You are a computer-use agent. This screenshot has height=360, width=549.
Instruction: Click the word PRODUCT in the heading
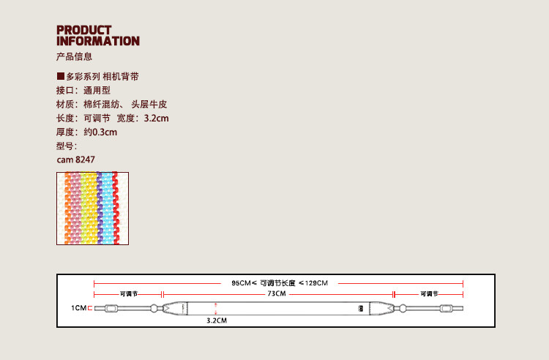point(84,30)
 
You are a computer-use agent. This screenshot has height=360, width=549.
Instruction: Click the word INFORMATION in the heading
point(98,41)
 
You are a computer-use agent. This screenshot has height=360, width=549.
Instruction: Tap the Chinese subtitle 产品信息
point(74,56)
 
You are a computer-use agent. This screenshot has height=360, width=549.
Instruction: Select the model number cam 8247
point(75,159)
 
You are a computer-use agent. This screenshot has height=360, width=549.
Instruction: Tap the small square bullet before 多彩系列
point(60,76)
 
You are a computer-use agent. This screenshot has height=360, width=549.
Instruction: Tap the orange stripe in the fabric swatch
point(67,208)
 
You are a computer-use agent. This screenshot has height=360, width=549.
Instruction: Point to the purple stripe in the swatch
point(98,208)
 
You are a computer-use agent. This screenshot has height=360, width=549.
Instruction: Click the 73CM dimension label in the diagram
point(276,293)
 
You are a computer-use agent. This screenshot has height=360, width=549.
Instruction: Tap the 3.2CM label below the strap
point(216,320)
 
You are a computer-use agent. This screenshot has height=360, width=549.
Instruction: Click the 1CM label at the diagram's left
point(78,309)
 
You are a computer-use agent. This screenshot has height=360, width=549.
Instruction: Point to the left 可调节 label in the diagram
point(129,293)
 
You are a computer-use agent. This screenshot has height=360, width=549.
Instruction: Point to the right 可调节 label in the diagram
point(430,293)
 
